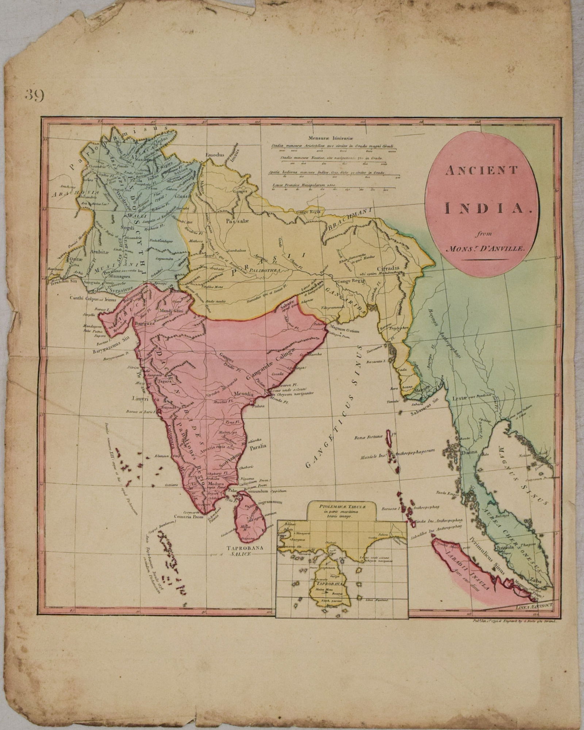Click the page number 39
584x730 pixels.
(35, 96)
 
